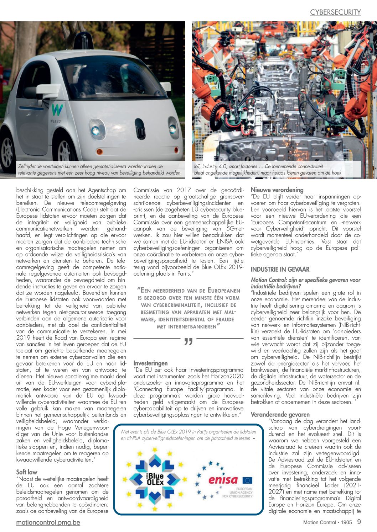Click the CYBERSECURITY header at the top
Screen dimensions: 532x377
tap(335, 12)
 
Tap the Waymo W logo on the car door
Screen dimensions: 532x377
tap(57, 110)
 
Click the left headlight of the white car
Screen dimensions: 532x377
tap(95, 131)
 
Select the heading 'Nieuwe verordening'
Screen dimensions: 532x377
tap(277, 190)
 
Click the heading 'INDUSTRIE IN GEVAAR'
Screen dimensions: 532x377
tap(280, 269)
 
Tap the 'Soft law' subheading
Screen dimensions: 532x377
tap(27, 472)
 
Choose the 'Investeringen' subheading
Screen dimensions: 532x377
tap(150, 363)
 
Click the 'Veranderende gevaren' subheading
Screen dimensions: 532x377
tap(280, 414)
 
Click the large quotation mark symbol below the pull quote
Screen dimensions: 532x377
tap(188, 342)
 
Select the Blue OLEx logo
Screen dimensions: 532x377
tap(155, 479)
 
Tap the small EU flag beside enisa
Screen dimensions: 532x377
tap(247, 480)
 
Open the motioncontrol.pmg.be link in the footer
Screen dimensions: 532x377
tap(48, 522)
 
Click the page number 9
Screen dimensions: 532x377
tap(359, 522)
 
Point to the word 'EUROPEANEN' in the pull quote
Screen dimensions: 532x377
tap(224, 291)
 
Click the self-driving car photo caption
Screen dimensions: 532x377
tap(99, 169)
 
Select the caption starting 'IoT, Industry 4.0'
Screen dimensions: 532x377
tap(268, 169)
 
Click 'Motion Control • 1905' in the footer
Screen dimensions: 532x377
tap(327, 522)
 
